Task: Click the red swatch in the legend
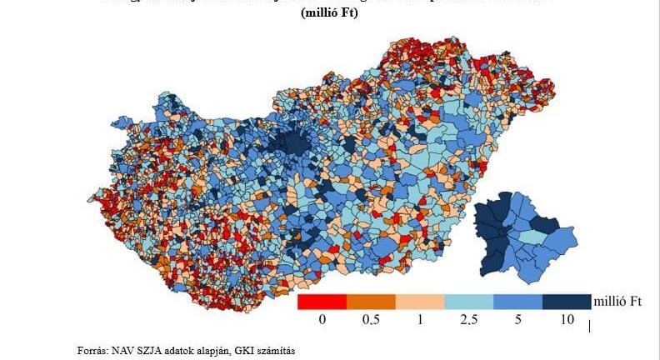coord(322,302)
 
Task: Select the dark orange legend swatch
coord(371,302)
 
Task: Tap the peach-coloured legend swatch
coord(420,302)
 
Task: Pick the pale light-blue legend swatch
coord(468,302)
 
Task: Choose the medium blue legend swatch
coord(517,302)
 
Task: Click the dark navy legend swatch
coord(566,302)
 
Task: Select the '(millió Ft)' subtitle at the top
coord(329,13)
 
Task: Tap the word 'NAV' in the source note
coord(124,351)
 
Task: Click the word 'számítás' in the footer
coord(277,351)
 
